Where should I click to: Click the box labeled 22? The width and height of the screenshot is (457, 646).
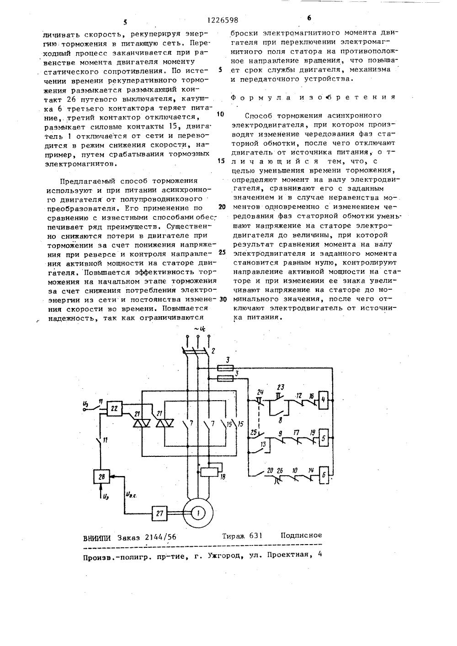(x=115, y=409)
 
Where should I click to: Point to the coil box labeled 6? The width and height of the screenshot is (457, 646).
(x=323, y=475)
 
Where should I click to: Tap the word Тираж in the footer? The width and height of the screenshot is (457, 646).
(x=235, y=535)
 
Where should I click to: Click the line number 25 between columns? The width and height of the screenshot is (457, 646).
(x=223, y=253)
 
